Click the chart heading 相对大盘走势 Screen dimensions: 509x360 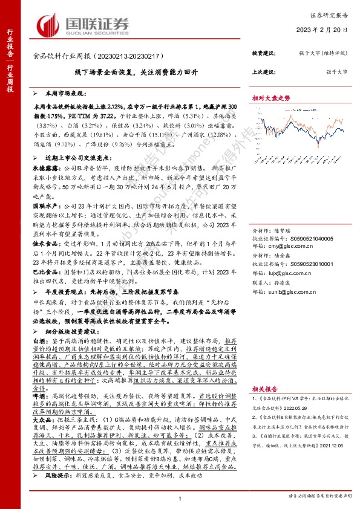pos(272,97)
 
